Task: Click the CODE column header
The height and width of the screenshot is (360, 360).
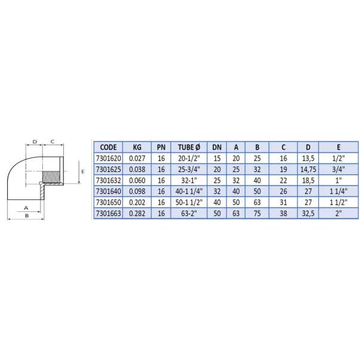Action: click(109, 147)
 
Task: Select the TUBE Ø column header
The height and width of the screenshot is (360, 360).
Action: click(189, 147)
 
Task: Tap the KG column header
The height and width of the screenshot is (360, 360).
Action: click(137, 147)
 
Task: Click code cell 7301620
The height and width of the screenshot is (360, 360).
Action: click(109, 158)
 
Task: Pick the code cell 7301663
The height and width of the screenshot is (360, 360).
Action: click(109, 213)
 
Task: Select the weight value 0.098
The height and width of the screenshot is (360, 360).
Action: click(137, 191)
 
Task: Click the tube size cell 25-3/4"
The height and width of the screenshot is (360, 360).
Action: click(189, 169)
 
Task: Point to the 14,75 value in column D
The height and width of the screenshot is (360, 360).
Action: click(308, 169)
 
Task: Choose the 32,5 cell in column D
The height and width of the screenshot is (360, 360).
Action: click(308, 213)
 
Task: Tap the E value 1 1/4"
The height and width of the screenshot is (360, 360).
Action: click(339, 191)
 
